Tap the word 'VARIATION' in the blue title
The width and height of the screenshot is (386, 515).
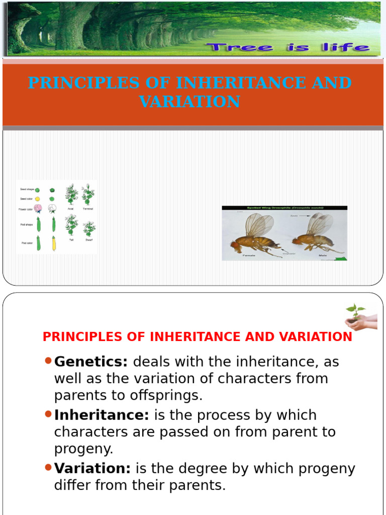tap(189, 102)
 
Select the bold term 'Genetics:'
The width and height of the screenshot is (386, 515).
tap(91, 361)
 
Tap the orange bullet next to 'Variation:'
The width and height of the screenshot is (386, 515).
tap(48, 467)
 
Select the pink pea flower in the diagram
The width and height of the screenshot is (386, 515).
tap(38, 208)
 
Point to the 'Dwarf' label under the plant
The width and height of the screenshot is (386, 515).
tap(88, 240)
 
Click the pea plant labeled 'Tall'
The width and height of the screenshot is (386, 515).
tap(71, 225)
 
